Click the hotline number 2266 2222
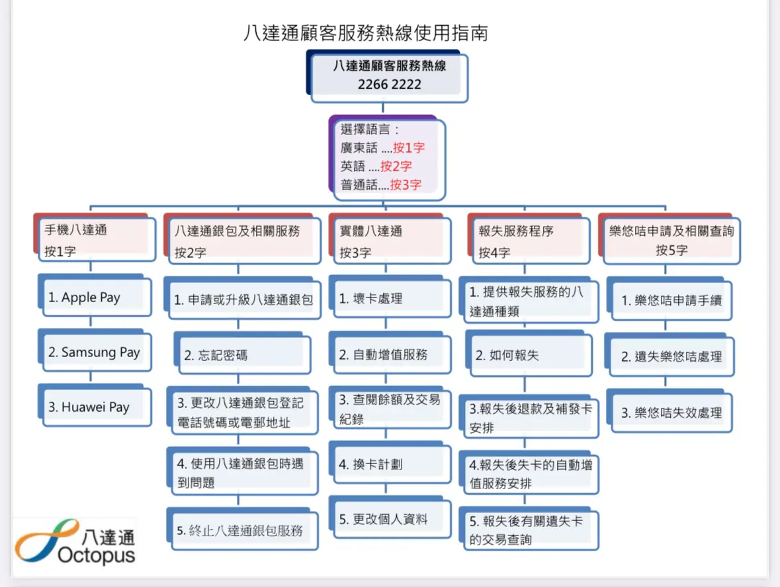[x=389, y=85]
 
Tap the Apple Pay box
[x=95, y=297]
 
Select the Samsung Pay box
[x=95, y=352]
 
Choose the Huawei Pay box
[x=95, y=406]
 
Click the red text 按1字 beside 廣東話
[x=408, y=147]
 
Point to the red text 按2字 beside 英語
[x=396, y=166]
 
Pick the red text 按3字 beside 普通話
[x=406, y=185]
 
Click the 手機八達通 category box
[x=95, y=238]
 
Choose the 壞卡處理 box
[x=390, y=297]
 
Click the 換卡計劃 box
[x=390, y=463]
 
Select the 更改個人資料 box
[x=390, y=518]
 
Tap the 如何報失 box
[x=529, y=354]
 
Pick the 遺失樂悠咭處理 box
[x=670, y=355]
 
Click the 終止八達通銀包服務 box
[x=242, y=529]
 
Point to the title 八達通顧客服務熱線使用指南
[x=366, y=33]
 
